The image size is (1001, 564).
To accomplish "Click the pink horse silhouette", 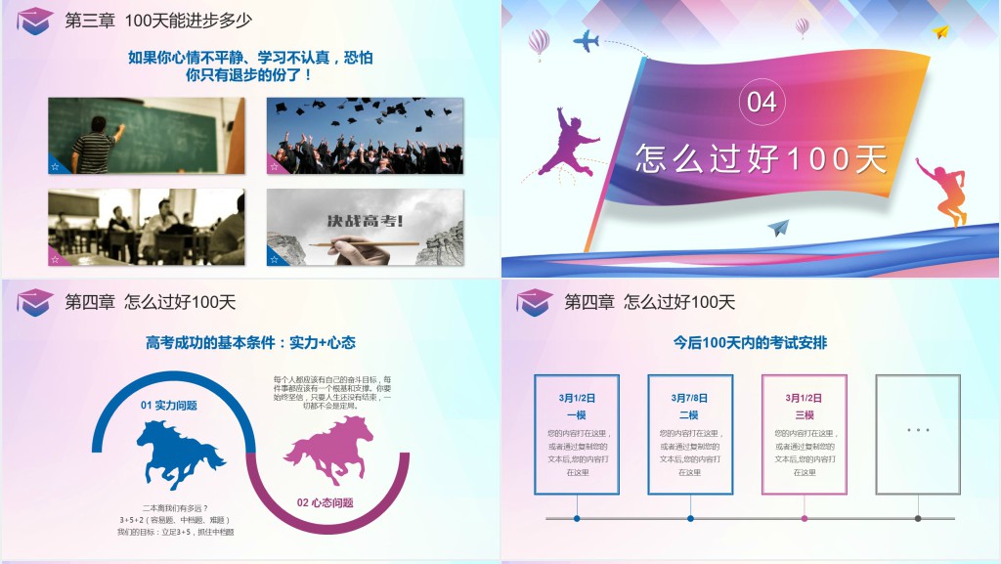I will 328,450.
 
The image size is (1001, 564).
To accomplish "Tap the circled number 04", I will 762,102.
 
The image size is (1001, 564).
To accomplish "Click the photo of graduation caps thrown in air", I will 365,135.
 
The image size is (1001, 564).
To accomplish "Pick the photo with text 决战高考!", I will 365,227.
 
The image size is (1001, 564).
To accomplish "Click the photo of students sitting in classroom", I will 146,227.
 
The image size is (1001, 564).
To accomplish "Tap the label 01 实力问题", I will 169,405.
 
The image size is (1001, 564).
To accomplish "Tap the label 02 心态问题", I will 326,502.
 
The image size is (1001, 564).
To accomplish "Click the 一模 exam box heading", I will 577,415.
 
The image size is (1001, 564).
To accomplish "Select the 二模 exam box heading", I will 690,415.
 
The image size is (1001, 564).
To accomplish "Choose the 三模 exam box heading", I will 804,415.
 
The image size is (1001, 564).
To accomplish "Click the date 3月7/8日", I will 690,398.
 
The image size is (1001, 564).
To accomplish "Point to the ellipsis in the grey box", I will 917,430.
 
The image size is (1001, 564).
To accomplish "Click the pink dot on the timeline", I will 805,518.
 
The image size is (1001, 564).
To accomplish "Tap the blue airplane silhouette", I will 586,41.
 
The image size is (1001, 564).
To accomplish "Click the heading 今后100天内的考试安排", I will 750,343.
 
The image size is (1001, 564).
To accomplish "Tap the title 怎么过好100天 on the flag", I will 761,159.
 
